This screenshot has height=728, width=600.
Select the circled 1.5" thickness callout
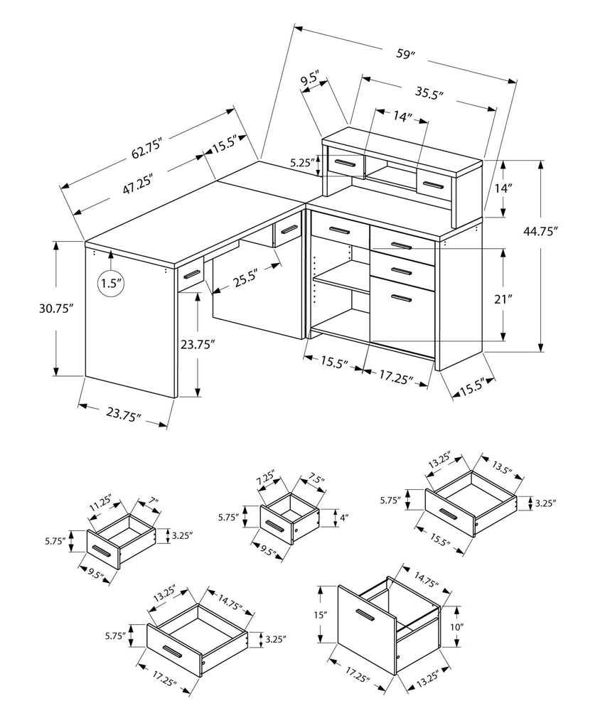(x=111, y=284)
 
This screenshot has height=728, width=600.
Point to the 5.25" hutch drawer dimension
(x=301, y=163)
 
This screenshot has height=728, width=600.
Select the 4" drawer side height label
(x=344, y=518)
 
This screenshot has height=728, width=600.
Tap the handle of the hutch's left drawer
(x=345, y=164)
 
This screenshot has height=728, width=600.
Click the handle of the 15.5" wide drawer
(x=447, y=514)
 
